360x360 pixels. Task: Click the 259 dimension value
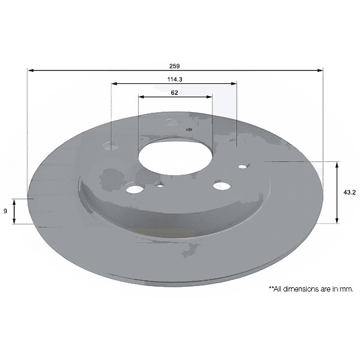pos(175,66)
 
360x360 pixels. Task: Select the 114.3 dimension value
pos(175,79)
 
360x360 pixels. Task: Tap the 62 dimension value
pos(175,93)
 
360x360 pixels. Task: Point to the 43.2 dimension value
pos(349,193)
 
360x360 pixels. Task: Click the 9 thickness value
pos(5,211)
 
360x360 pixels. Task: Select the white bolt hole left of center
pos(135,189)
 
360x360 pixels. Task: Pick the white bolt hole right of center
pos(222,186)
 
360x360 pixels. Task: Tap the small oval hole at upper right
pos(243,167)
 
